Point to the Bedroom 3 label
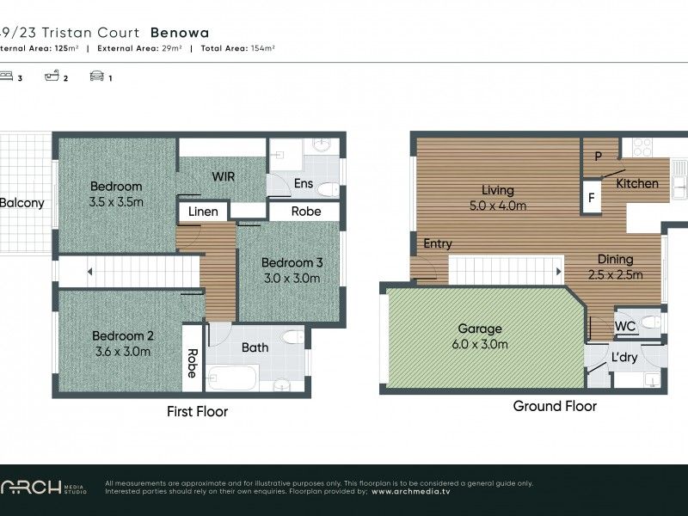pyautogui.click(x=291, y=270)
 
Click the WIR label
pyautogui.click(x=224, y=176)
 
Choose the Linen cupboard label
pyautogui.click(x=203, y=212)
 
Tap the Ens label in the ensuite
pyautogui.click(x=303, y=182)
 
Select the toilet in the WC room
pyautogui.click(x=651, y=322)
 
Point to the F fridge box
pyautogui.click(x=592, y=196)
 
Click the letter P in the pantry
pyautogui.click(x=598, y=156)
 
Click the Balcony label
pyautogui.click(x=21, y=203)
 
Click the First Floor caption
pyautogui.click(x=197, y=412)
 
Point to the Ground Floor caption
pyautogui.click(x=555, y=406)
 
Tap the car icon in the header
pyautogui.click(x=96, y=77)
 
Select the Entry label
pyautogui.click(x=438, y=244)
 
